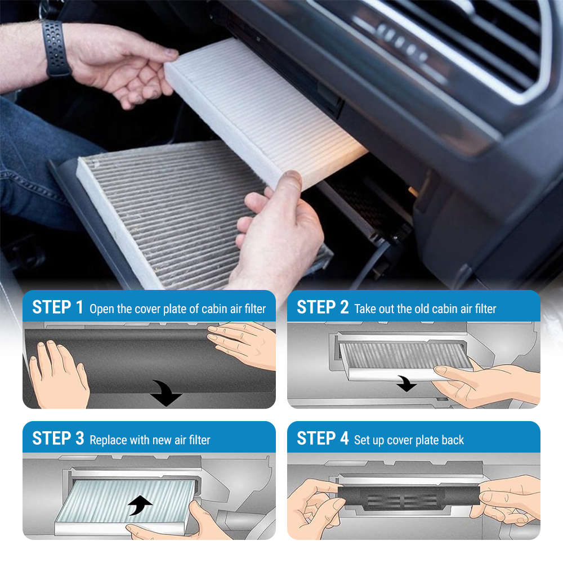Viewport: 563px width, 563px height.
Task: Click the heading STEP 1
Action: point(57,307)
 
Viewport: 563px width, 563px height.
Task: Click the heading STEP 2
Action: point(323,307)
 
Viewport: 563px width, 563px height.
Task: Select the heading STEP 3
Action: point(58,439)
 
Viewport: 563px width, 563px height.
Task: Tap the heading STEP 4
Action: point(323,439)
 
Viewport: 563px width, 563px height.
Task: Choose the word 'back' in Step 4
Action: point(453,440)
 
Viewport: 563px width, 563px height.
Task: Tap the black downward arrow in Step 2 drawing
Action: point(406,383)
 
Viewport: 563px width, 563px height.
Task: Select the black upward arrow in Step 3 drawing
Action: point(140,505)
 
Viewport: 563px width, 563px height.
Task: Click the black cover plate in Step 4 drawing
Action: point(409,497)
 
